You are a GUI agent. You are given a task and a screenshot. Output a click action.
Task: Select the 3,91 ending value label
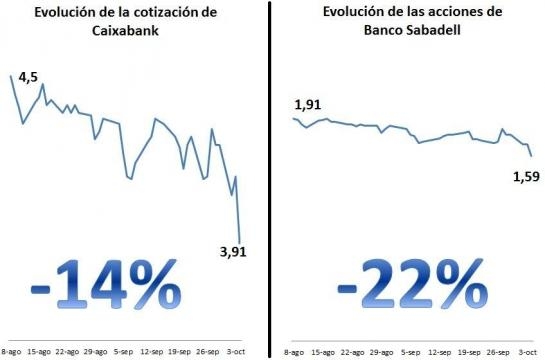(231, 251)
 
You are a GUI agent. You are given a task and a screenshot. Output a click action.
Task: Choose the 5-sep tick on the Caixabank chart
(123, 352)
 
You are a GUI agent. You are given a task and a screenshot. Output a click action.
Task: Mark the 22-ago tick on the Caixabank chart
(67, 352)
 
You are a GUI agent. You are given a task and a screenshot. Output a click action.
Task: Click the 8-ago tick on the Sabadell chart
(294, 352)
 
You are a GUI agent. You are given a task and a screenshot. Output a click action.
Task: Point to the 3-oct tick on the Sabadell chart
(528, 352)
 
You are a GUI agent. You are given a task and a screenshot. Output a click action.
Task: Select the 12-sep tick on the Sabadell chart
(440, 352)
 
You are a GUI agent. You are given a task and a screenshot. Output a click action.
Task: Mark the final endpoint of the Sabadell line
(530, 156)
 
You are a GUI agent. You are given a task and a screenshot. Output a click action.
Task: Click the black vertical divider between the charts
(271, 180)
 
